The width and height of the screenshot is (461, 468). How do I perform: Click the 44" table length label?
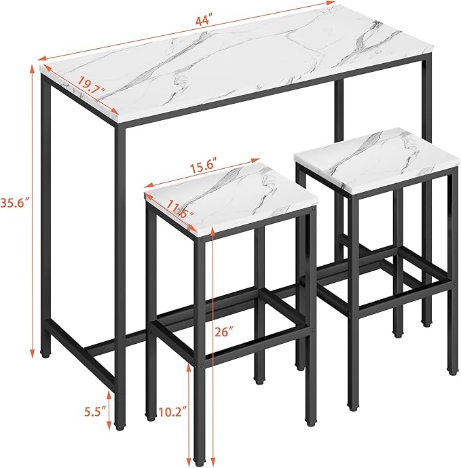204,22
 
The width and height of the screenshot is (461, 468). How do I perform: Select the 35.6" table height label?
14,203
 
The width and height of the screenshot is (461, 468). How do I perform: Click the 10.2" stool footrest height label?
172,413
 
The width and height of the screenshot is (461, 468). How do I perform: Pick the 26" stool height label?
223,332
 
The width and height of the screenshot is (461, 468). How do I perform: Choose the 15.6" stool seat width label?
204,168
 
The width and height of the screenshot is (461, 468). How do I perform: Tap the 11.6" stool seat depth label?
181,209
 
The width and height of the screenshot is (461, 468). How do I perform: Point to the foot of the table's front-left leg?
120,426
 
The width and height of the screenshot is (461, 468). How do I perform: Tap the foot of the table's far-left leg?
45,355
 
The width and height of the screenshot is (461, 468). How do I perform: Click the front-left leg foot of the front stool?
150,418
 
